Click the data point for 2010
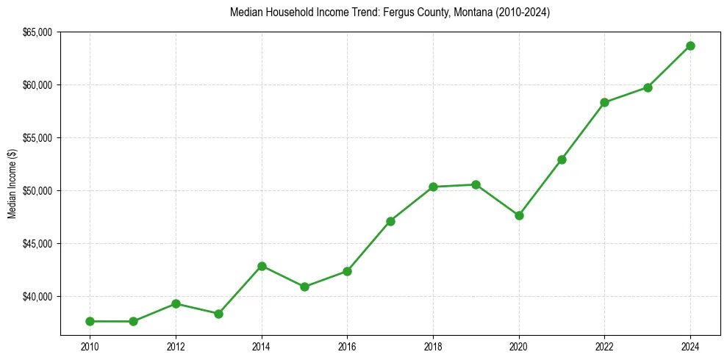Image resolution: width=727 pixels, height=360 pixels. point(90,321)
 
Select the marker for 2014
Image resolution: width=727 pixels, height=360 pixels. point(262,266)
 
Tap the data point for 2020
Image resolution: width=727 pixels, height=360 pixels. point(519,215)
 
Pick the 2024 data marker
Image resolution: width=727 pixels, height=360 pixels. point(690,46)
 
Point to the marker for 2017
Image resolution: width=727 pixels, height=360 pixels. point(390,220)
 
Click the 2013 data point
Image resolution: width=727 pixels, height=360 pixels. point(218,314)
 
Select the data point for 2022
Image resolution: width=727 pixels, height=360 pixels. point(604,102)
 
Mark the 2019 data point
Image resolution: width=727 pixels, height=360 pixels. point(476,184)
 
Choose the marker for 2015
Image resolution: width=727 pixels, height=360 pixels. point(304,287)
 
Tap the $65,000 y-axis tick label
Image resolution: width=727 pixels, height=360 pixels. point(38,32)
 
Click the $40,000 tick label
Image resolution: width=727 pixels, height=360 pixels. point(38,297)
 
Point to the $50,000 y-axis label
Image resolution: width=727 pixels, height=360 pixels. point(38,191)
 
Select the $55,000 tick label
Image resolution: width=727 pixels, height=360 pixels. point(38,138)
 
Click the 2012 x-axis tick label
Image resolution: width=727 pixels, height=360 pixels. point(176,346)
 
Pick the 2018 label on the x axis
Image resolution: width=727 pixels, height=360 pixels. point(433,346)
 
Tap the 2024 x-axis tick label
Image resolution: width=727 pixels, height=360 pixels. point(690,346)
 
